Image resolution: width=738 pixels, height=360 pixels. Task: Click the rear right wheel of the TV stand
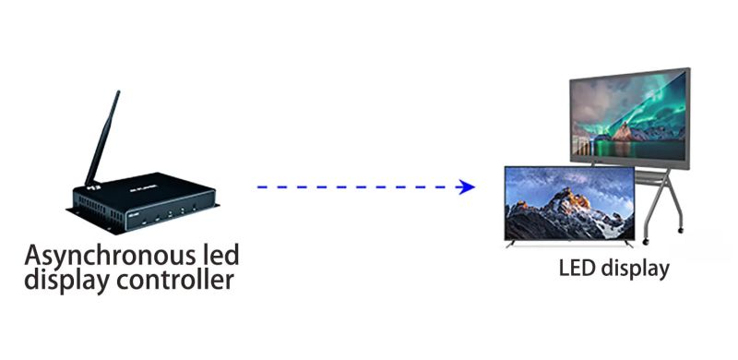click(x=680, y=227)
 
